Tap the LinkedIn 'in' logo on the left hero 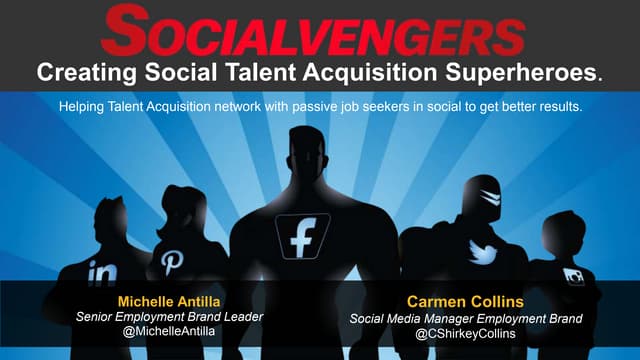tap(102, 271)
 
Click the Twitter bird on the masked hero tap(484, 254)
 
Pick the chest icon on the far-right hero tap(575, 276)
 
